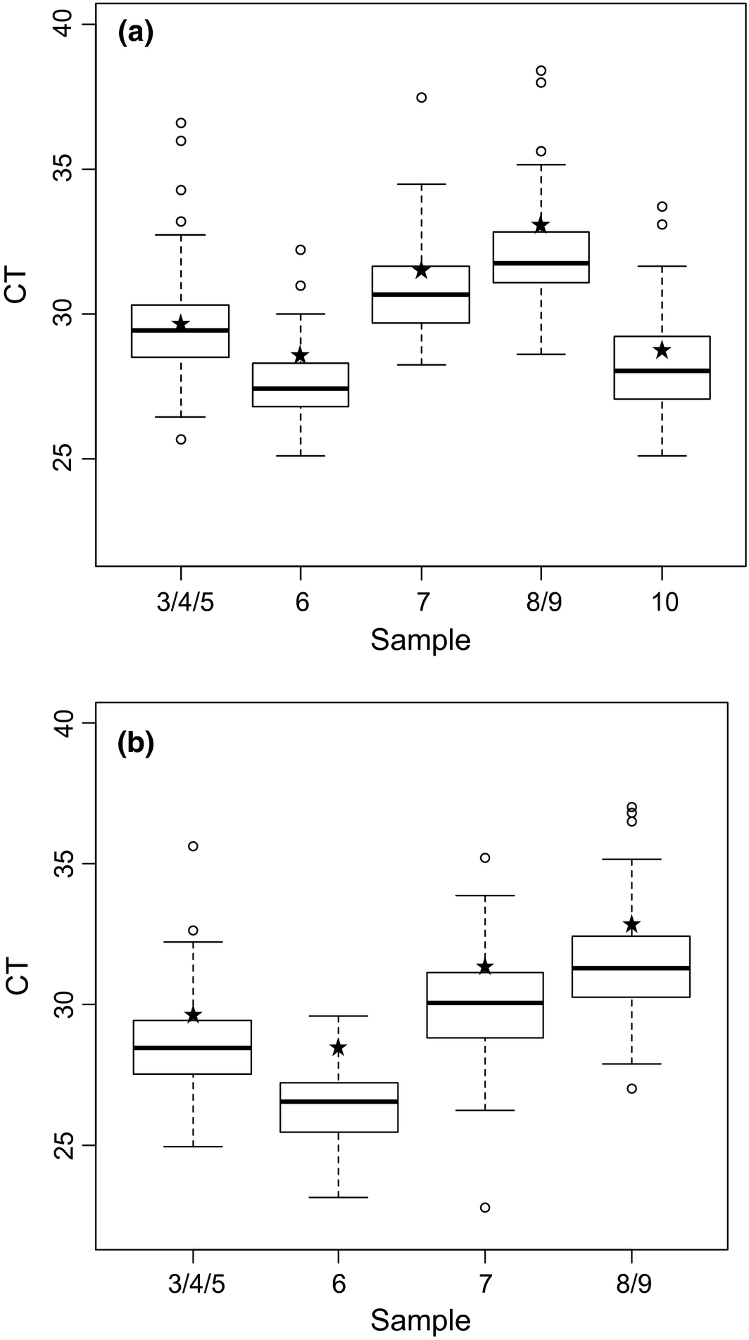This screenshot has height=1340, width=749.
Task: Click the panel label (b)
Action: [135, 744]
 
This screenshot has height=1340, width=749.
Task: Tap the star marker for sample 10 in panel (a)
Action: [662, 350]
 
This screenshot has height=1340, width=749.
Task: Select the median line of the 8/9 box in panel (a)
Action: [541, 263]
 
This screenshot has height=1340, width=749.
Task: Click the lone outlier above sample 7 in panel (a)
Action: [422, 98]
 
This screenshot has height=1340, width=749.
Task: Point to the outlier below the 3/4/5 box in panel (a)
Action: [181, 440]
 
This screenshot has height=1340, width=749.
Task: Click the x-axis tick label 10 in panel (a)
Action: [662, 604]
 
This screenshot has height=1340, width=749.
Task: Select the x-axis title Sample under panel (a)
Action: [420, 641]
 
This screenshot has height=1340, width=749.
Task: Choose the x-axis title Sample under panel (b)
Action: [420, 1320]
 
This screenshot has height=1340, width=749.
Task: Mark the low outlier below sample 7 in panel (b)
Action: [485, 1208]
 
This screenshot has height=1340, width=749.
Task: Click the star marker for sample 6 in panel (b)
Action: [339, 1048]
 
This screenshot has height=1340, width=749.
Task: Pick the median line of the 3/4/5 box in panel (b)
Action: [193, 1048]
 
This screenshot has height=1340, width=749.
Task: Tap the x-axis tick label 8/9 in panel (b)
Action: [631, 1285]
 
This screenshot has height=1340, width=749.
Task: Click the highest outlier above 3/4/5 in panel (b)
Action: [193, 846]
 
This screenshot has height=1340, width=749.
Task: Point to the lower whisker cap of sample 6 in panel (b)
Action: [339, 1197]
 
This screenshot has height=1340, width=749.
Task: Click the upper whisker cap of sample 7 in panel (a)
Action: [422, 184]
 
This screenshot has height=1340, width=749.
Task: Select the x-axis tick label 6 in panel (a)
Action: [301, 604]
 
